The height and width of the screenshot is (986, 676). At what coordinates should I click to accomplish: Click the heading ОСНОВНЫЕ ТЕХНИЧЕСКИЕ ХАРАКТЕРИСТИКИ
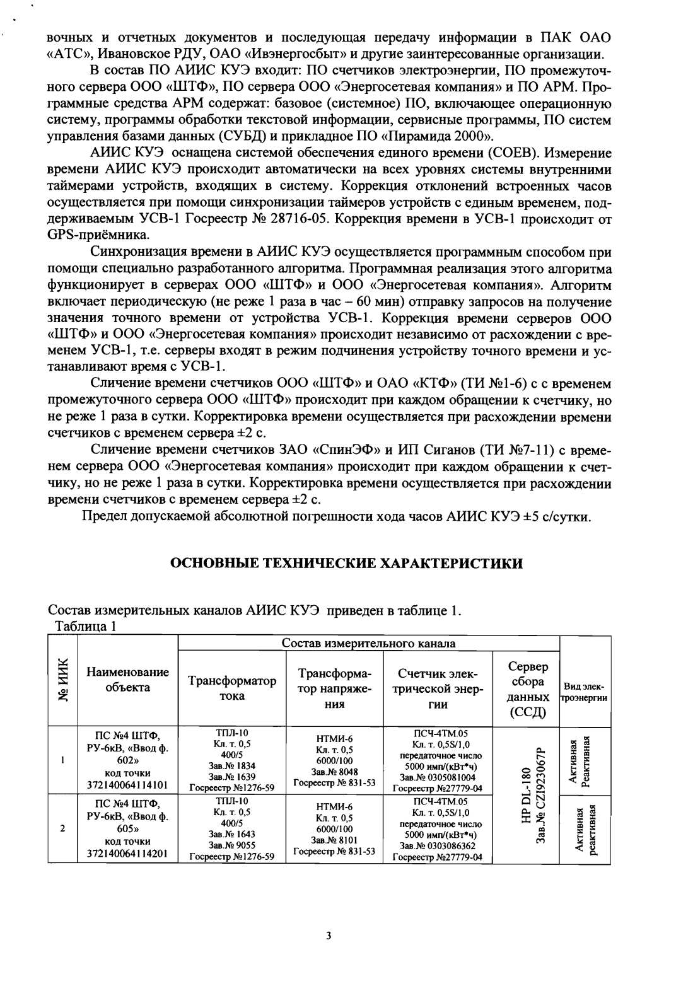(x=347, y=563)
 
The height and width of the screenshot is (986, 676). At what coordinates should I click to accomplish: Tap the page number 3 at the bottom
(x=329, y=935)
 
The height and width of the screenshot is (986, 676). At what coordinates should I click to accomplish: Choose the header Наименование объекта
(x=127, y=680)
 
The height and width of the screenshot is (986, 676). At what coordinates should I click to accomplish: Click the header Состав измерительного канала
(x=369, y=643)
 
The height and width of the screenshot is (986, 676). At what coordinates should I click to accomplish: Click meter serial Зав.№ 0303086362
(x=441, y=845)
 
